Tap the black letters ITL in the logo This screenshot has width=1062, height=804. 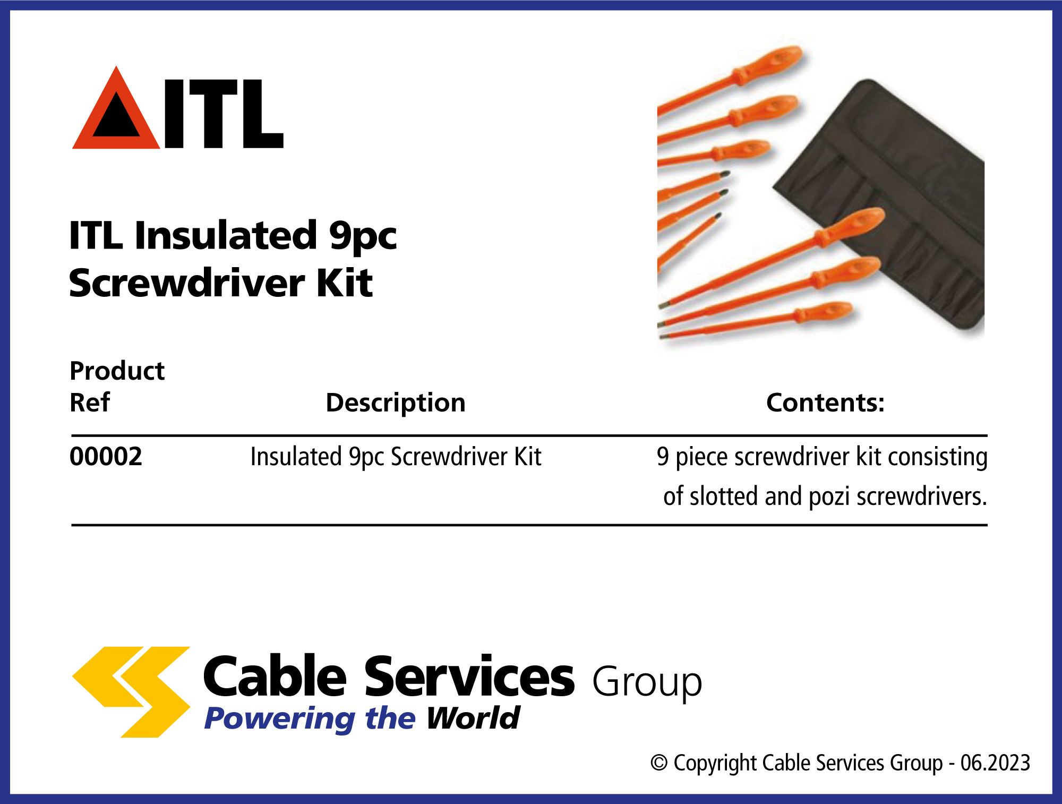[224, 114]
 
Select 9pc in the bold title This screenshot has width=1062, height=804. [363, 238]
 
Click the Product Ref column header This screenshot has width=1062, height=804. [117, 386]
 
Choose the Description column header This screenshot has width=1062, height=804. [396, 403]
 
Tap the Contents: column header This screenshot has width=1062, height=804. [825, 403]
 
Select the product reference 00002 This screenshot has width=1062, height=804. [106, 457]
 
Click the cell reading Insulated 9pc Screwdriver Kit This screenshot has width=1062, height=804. [396, 457]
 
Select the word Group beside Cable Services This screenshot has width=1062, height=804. [647, 683]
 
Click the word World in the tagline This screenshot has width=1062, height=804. [473, 719]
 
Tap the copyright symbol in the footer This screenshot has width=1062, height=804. [659, 763]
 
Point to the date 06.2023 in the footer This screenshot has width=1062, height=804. [996, 763]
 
